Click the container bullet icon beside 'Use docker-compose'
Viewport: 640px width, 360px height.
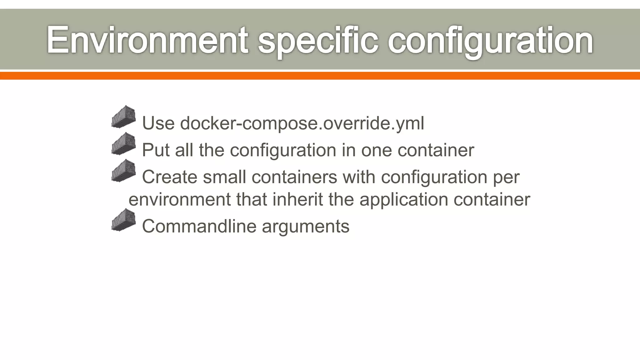click(124, 117)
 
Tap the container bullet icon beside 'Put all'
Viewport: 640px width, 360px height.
click(124, 144)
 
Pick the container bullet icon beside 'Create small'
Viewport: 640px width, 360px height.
click(124, 171)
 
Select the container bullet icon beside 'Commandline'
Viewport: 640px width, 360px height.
click(124, 220)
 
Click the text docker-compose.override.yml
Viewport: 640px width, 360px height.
click(302, 123)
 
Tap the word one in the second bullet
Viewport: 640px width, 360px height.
click(376, 150)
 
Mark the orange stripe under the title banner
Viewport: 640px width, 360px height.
click(320, 76)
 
